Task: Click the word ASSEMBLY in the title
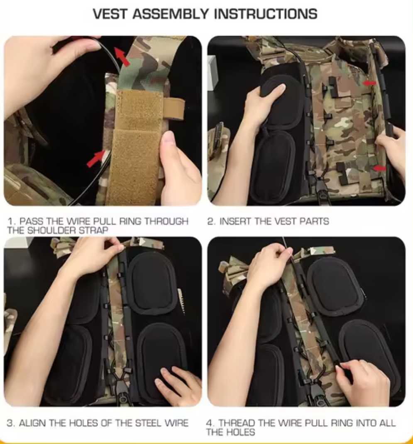(x=171, y=14)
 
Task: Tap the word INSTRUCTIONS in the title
(x=266, y=14)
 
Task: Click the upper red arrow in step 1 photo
(x=122, y=57)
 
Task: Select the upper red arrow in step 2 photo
(x=369, y=83)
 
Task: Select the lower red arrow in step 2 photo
(x=379, y=168)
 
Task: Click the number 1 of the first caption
(x=10, y=221)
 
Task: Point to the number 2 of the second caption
(x=210, y=221)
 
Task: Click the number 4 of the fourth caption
(x=210, y=423)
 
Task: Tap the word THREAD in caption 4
(x=237, y=423)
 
